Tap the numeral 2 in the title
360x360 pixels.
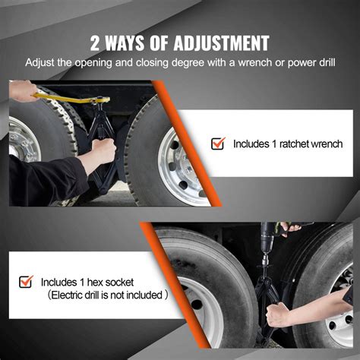pyautogui.click(x=96, y=42)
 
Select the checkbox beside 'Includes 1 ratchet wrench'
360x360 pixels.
pyautogui.click(x=218, y=143)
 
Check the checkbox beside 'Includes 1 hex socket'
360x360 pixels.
pyautogui.click(x=27, y=282)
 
